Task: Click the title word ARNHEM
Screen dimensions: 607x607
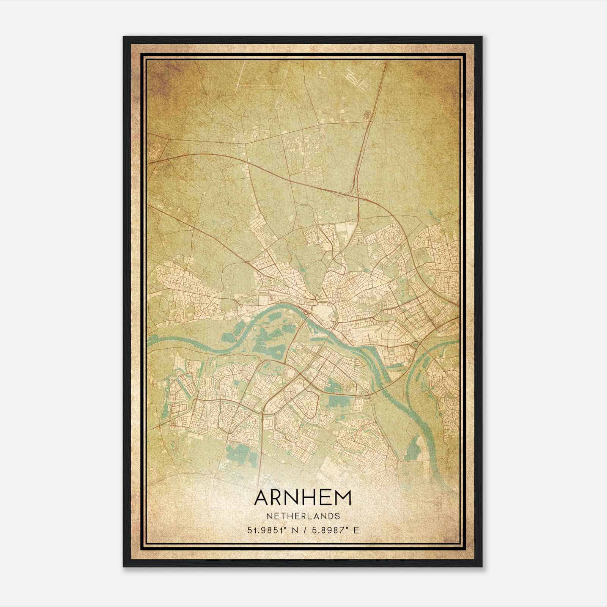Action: (x=303, y=498)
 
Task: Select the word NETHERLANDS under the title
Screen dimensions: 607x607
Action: (x=303, y=516)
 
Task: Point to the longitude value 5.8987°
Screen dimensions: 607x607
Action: (x=329, y=530)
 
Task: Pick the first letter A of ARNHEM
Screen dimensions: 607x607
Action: (x=263, y=498)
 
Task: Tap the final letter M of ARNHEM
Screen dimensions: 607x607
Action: (x=343, y=498)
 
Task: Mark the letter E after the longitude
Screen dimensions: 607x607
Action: (x=355, y=530)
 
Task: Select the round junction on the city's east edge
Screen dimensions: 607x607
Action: (x=416, y=344)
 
